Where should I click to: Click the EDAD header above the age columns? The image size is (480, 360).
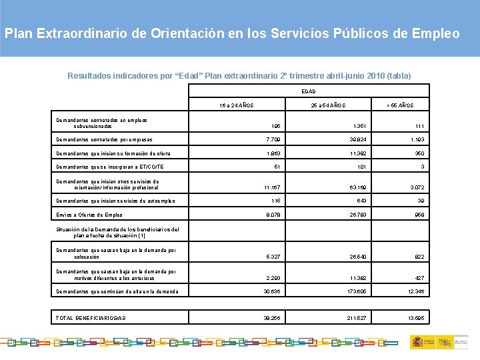[308, 91]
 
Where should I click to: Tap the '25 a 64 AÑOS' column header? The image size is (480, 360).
[328, 105]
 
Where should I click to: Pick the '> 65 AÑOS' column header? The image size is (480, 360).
[400, 105]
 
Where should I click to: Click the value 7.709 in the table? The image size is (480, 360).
[272, 140]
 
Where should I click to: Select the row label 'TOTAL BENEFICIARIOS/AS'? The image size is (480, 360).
[91, 318]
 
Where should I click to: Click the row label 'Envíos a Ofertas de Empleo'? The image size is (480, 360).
[90, 215]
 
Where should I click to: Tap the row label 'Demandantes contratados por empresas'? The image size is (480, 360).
[104, 140]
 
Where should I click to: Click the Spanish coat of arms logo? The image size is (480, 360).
[417, 342]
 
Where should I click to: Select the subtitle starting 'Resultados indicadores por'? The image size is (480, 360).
[239, 75]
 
